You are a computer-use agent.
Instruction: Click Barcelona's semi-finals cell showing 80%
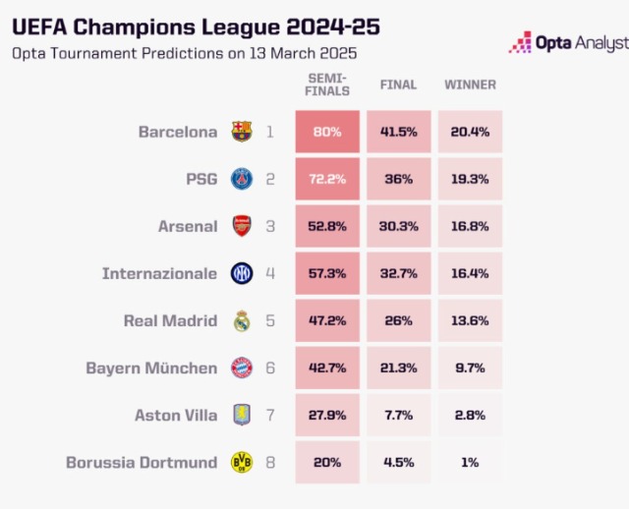[x=327, y=132]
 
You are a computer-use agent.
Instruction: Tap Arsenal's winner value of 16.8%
[x=470, y=226]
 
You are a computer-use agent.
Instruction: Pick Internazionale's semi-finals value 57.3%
[x=327, y=274]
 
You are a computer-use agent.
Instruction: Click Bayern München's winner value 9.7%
[x=470, y=368]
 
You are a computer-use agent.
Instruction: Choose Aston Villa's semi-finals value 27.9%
[x=327, y=416]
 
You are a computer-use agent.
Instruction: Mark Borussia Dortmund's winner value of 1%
[x=470, y=463]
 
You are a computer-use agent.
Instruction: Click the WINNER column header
[x=470, y=85]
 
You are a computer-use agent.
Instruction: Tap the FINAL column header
[x=398, y=85]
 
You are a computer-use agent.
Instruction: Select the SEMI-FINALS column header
[x=327, y=85]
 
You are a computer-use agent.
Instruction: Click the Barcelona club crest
[x=241, y=132]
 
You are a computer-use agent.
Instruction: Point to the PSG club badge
[x=241, y=179]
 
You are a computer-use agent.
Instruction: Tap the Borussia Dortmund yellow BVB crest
[x=241, y=463]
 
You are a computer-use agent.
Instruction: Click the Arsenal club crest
[x=241, y=226]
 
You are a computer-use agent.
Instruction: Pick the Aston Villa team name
[x=176, y=416]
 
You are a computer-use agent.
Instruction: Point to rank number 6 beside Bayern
[x=268, y=368]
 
